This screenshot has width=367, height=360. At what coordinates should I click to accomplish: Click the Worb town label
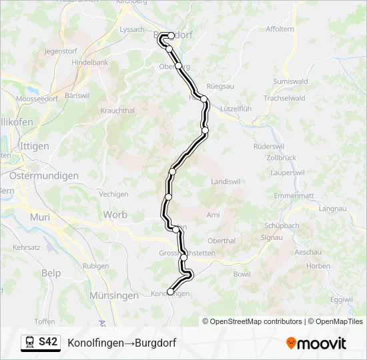tap(115, 215)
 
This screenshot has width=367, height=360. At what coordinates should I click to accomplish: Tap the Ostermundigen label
tap(43, 176)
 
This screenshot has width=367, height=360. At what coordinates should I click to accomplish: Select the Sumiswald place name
tap(290, 81)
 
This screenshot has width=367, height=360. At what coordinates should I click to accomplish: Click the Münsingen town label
tap(114, 295)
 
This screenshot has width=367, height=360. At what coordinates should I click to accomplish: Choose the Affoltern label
tap(280, 29)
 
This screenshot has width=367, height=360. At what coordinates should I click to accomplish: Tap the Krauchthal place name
tap(117, 111)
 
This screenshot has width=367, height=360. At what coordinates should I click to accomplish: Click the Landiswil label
tap(225, 181)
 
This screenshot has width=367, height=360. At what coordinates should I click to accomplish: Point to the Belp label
tap(51, 273)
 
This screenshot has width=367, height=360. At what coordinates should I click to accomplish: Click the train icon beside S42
tap(31, 343)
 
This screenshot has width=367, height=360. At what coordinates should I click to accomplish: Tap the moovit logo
tap(316, 343)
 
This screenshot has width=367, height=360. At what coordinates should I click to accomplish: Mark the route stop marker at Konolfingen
tap(170, 291)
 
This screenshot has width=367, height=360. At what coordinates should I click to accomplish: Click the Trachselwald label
tap(284, 98)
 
